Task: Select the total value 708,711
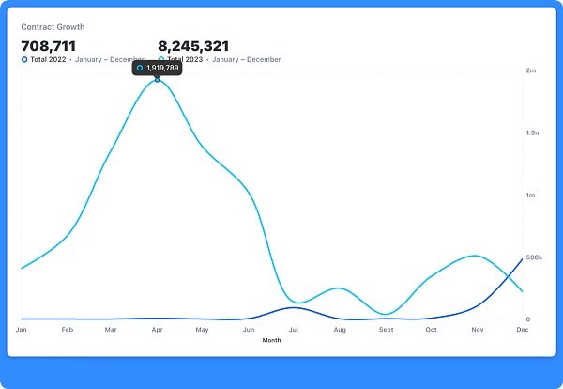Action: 48,45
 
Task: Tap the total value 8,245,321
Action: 193,45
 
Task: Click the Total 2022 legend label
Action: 47,59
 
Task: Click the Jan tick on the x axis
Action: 22,330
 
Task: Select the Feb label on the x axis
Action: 67,330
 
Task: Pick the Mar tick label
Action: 111,330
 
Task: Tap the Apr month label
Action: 156,330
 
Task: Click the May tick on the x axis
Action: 202,330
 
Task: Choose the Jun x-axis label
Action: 248,330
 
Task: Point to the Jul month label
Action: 294,330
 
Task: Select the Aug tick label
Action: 340,330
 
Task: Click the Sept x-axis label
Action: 386,330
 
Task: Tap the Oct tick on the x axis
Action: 431,330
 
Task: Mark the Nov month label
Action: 476,330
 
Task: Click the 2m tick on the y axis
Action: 531,70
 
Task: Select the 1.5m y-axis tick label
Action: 534,133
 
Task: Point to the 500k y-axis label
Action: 534,257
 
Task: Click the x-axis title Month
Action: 271,340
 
